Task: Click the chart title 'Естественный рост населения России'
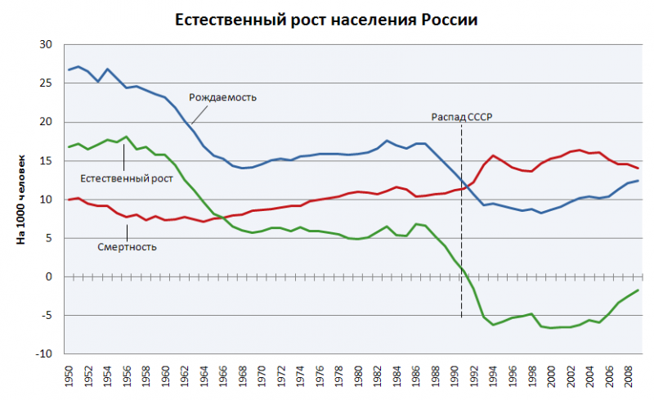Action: pos(327,20)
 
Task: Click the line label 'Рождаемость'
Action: pos(223,97)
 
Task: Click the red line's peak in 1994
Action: pos(493,155)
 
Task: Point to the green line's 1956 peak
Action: pos(127,137)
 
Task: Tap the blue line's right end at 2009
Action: pos(637,180)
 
